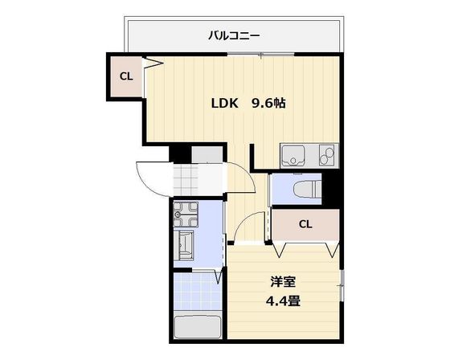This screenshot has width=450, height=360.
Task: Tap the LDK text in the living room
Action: tap(225, 103)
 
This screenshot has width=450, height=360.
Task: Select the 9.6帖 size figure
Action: tap(268, 103)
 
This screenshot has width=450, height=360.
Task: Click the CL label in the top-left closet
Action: tap(125, 77)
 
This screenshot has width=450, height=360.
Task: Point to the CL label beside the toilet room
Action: tap(305, 224)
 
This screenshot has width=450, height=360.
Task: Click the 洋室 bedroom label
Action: tap(283, 282)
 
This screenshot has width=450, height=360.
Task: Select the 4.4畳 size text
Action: tap(283, 302)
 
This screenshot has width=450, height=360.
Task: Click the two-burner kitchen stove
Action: tap(327, 154)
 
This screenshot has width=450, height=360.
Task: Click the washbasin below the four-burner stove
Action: tap(186, 243)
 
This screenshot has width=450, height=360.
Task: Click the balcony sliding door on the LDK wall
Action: tap(261, 54)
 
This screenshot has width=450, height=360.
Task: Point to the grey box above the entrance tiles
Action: tap(207, 154)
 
